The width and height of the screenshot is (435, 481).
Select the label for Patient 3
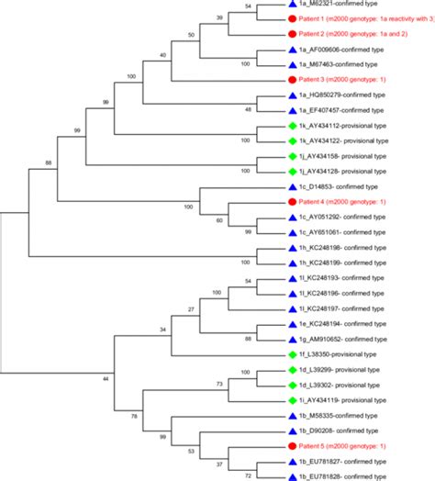click(346, 81)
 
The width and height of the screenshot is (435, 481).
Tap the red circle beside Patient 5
click(291, 444)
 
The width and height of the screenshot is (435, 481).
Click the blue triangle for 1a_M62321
click(291, 5)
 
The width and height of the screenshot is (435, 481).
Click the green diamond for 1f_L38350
click(291, 353)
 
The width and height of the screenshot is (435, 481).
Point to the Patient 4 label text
click(346, 202)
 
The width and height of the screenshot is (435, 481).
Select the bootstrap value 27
click(191, 310)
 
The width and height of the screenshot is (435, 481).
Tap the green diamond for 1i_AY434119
click(291, 399)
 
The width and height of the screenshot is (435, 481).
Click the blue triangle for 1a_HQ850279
click(291, 95)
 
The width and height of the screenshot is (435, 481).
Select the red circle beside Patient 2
click(291, 35)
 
